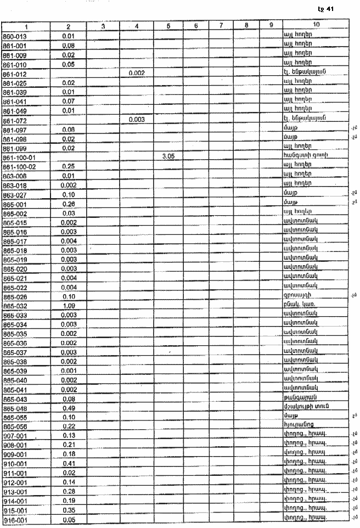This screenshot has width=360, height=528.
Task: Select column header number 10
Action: point(316,26)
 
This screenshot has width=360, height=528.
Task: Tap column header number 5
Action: point(168,26)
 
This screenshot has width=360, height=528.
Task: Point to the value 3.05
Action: point(168,156)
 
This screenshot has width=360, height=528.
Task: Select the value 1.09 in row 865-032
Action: point(69,305)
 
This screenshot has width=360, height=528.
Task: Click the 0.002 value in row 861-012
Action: point(136,73)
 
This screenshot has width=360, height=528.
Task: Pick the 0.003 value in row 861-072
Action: point(136,119)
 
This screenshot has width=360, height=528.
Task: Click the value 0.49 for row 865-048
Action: point(69,408)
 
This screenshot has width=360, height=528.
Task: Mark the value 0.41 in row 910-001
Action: point(69,464)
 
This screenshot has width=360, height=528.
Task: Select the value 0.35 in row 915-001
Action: point(69,510)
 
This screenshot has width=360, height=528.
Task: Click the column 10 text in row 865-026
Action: point(298,296)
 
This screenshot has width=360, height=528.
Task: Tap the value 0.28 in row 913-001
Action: point(69,491)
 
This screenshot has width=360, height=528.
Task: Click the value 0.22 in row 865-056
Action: point(69,426)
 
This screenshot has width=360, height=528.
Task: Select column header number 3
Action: point(103,26)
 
